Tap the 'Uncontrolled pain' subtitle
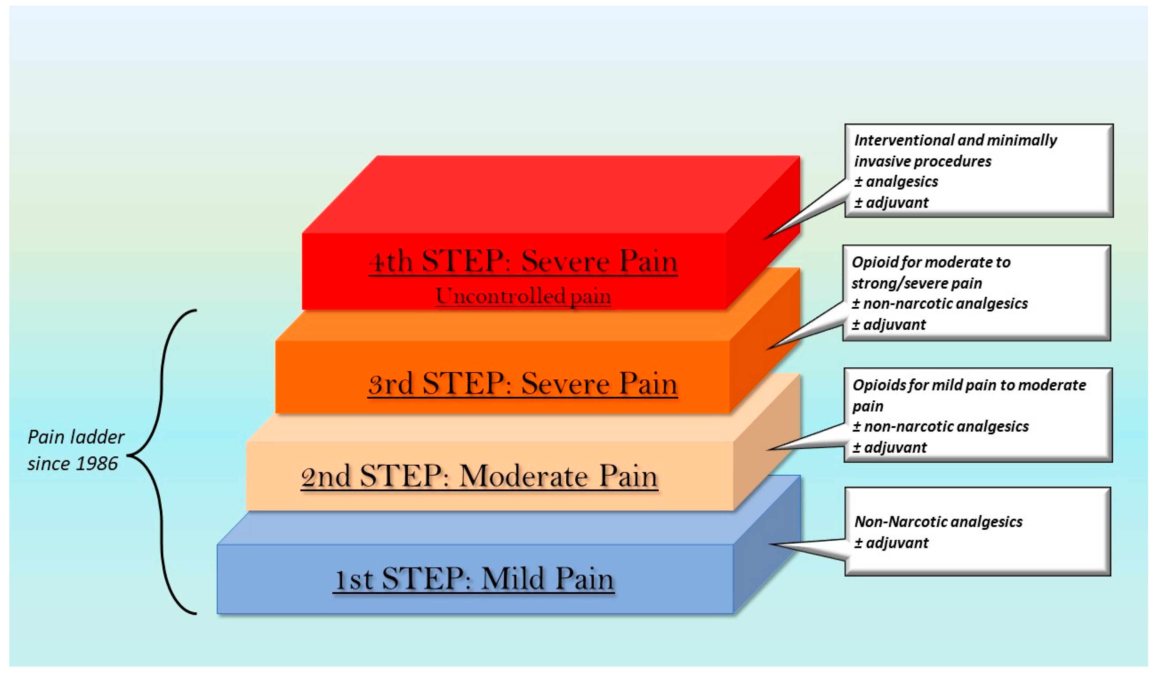[523, 296]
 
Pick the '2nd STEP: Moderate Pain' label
[479, 477]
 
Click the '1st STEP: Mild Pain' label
[474, 579]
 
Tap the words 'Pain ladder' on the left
[76, 437]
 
